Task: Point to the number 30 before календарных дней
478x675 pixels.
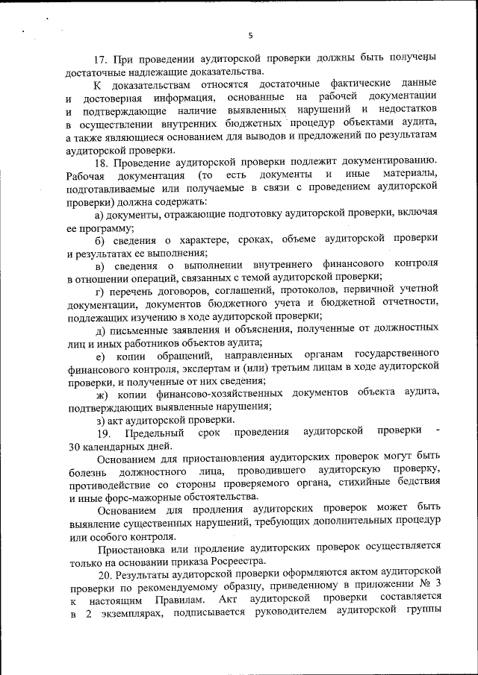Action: coord(74,446)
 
